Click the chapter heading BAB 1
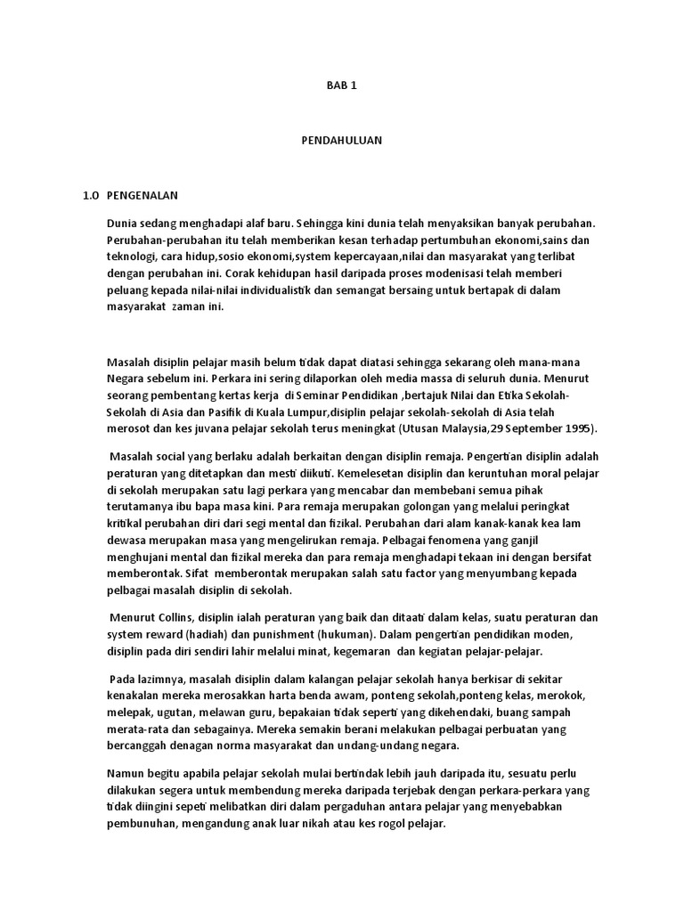click(330, 85)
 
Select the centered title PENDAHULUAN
click(330, 141)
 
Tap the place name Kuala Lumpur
click(291, 411)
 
